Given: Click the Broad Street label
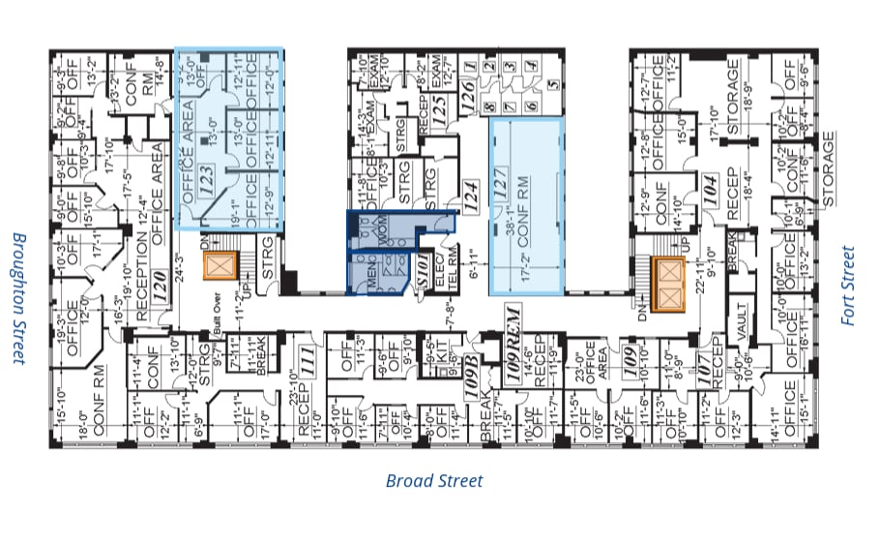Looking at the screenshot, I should coord(434,480).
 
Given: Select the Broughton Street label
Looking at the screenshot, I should coord(17,297).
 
